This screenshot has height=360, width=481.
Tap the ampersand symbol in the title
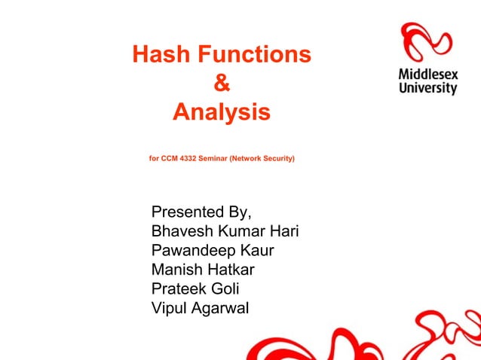click(x=221, y=84)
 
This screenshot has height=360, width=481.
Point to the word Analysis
click(x=221, y=113)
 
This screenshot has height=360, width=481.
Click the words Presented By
click(x=201, y=210)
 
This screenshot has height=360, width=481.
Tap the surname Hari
click(x=285, y=230)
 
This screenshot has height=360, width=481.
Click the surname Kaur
click(x=255, y=250)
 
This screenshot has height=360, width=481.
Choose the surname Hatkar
click(x=230, y=270)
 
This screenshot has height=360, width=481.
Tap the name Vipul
click(x=170, y=309)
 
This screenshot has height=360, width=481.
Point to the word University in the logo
click(x=427, y=88)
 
